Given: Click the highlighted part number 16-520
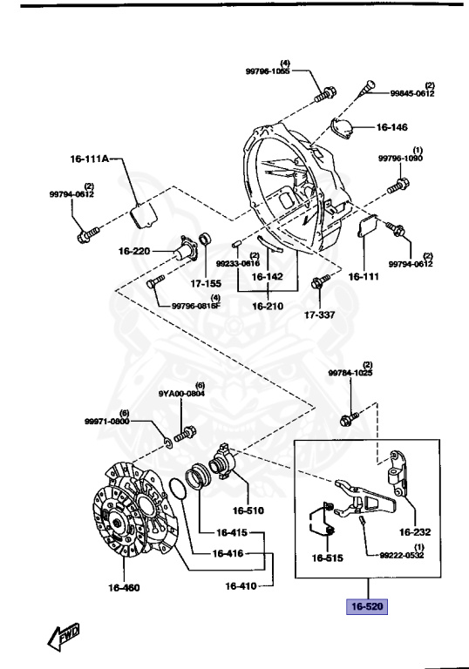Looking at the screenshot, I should (367, 606).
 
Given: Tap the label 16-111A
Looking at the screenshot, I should (90, 160).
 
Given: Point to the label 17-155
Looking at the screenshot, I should (207, 283).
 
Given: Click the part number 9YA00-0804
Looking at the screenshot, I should (181, 393).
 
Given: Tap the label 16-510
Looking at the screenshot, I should (248, 510).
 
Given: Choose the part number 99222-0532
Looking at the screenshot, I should (400, 555).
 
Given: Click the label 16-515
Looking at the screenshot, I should (330, 557).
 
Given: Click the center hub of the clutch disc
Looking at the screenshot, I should (115, 522).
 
